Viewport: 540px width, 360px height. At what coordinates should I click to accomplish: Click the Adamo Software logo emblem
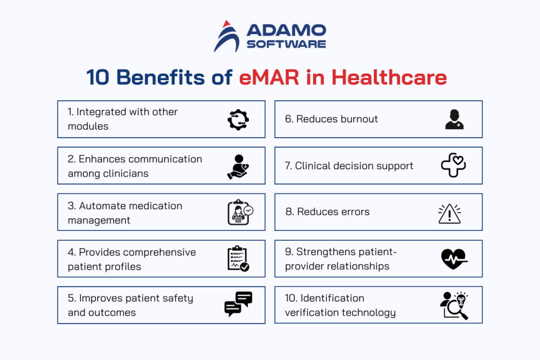pyautogui.click(x=225, y=36)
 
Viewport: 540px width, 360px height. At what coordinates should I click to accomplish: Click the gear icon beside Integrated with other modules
pyautogui.click(x=238, y=120)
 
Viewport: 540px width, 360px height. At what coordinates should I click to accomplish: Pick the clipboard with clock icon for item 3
pyautogui.click(x=239, y=212)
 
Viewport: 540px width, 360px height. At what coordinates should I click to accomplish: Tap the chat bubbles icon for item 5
pyautogui.click(x=238, y=304)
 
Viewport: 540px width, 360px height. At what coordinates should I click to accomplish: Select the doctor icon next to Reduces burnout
pyautogui.click(x=454, y=120)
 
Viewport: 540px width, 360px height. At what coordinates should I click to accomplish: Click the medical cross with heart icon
pyautogui.click(x=454, y=166)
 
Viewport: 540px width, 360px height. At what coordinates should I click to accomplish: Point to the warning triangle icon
pyautogui.click(x=450, y=212)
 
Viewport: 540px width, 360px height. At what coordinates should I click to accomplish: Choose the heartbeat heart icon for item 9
pyautogui.click(x=454, y=259)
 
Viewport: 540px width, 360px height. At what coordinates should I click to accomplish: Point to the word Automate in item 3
pyautogui.click(x=101, y=206)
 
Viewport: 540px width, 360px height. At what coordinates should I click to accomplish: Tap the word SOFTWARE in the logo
pyautogui.click(x=286, y=44)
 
